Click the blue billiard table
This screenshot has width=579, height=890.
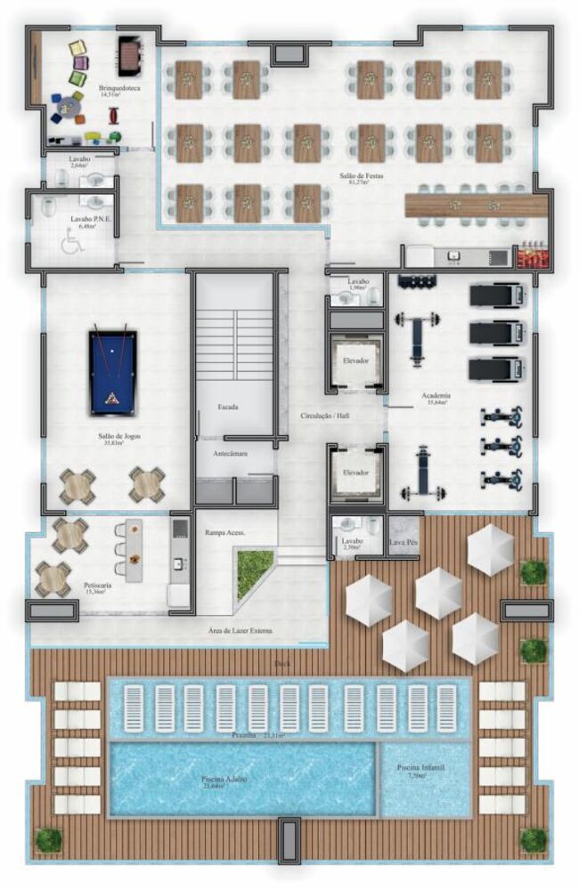(x=112, y=372)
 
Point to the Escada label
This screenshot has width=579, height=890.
(x=228, y=408)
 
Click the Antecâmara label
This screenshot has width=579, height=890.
(x=230, y=454)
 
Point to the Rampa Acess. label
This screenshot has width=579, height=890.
(x=224, y=532)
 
